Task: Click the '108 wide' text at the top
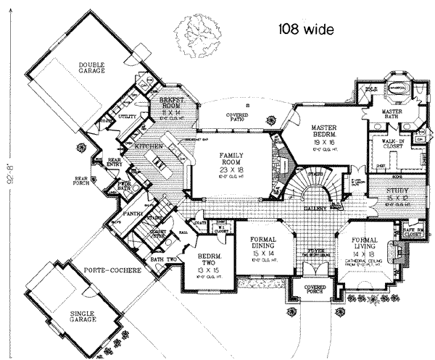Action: tap(305, 30)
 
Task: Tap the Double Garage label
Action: tap(93, 68)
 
